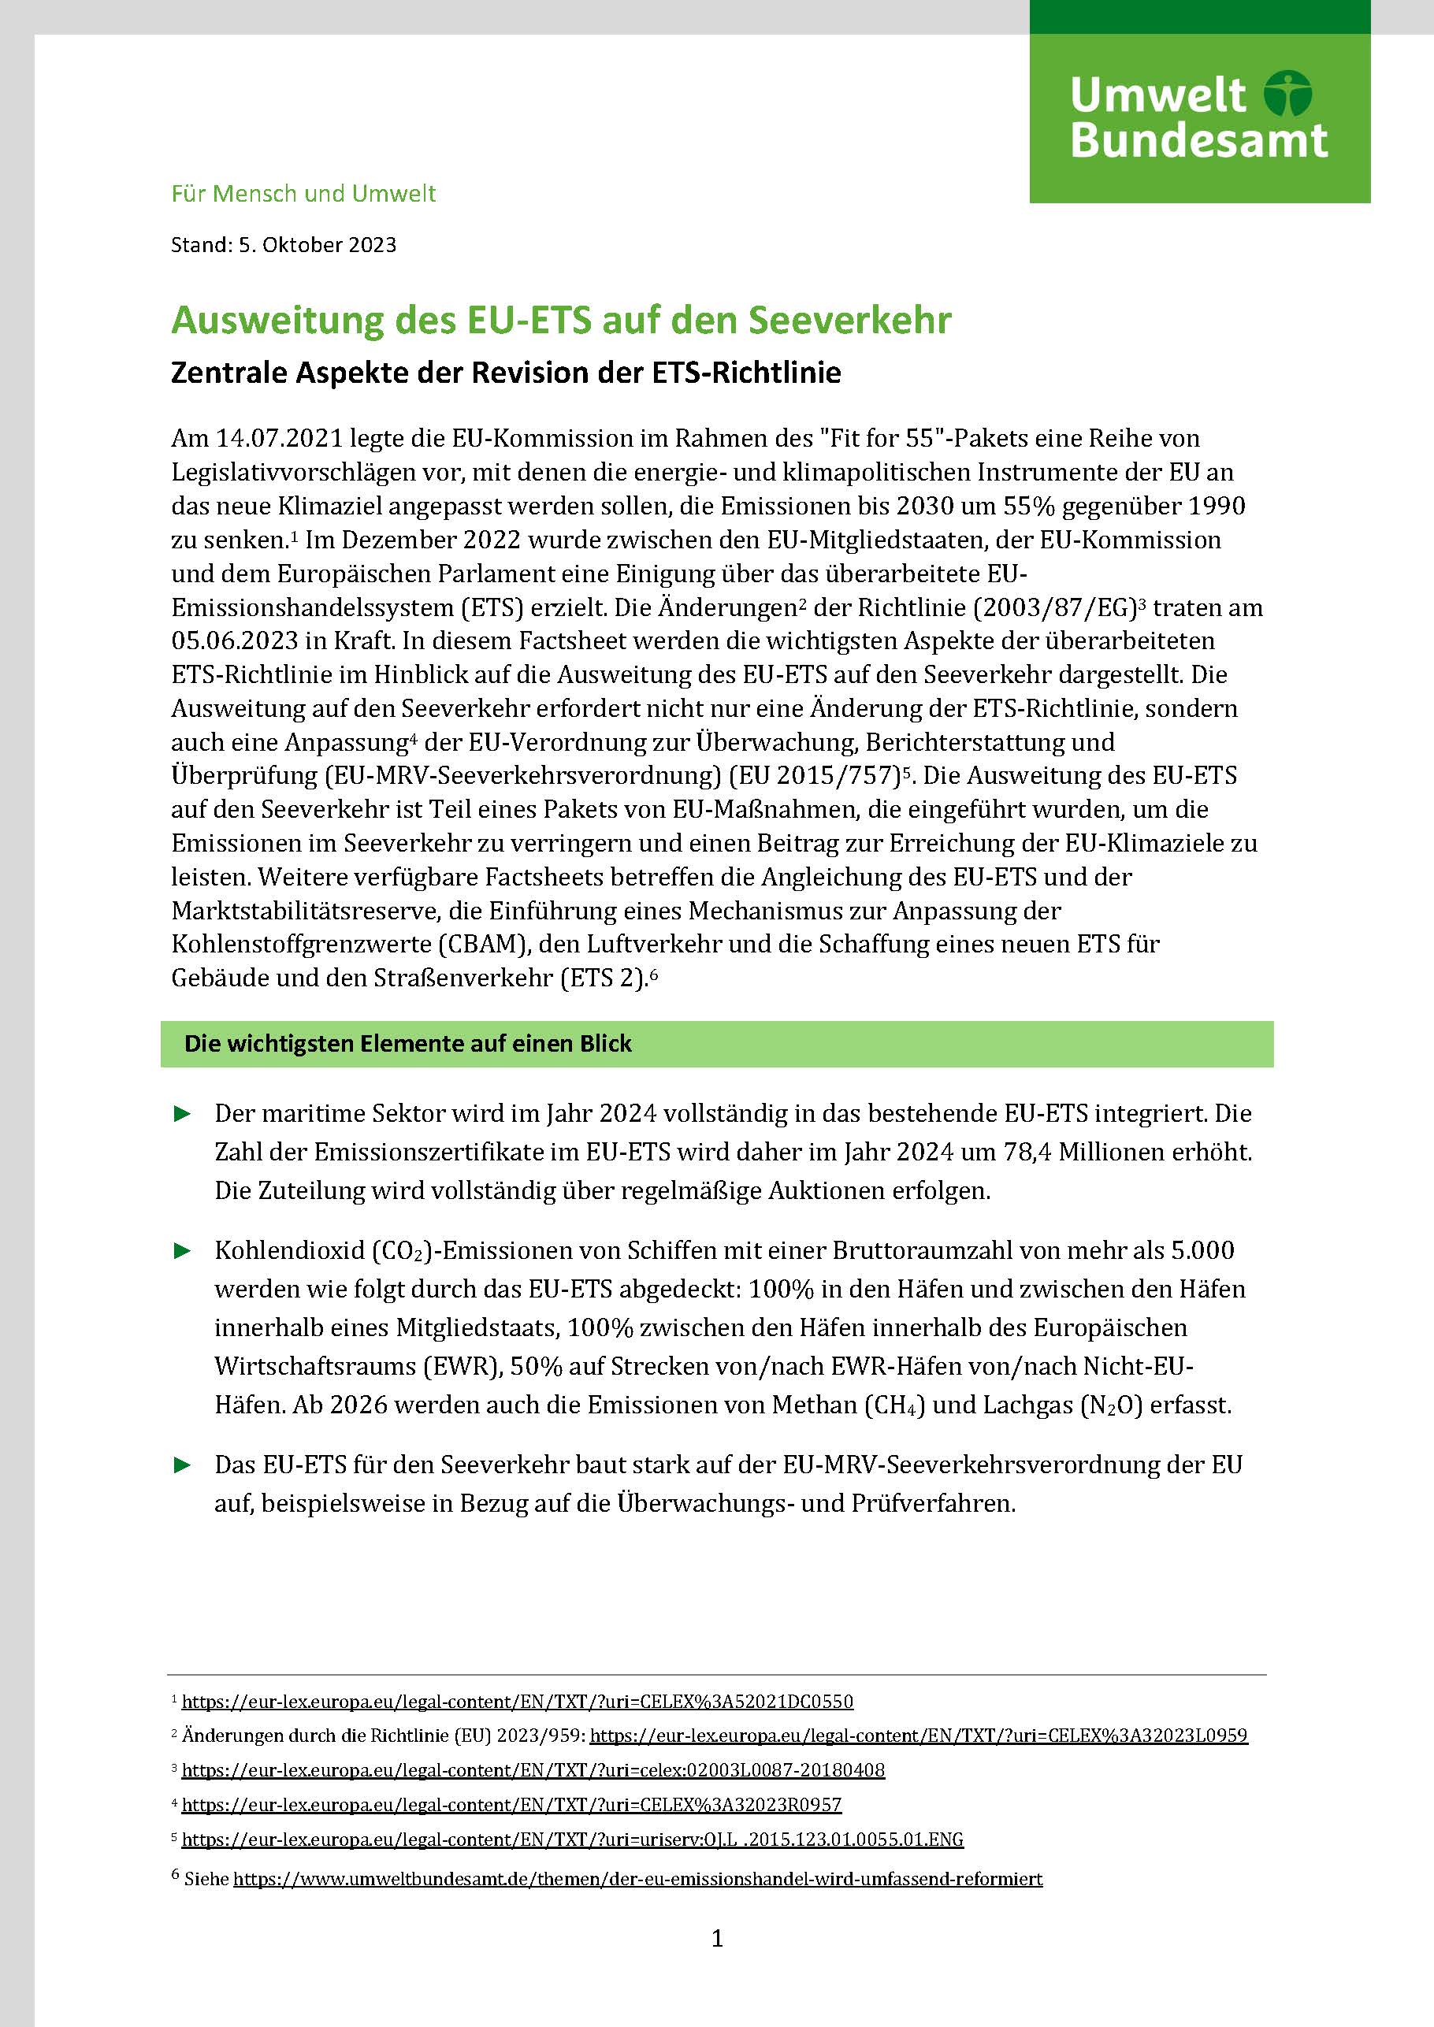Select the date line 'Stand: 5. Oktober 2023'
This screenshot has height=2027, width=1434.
[284, 244]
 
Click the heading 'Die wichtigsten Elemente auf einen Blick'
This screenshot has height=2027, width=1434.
[408, 1044]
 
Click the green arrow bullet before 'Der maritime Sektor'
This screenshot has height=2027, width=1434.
[183, 1114]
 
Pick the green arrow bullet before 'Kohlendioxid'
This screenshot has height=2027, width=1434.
[183, 1250]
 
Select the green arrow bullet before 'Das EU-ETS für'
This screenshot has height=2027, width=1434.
[183, 1465]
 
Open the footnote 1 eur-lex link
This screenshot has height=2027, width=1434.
[518, 1701]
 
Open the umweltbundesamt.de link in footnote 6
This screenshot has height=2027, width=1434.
[637, 1878]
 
